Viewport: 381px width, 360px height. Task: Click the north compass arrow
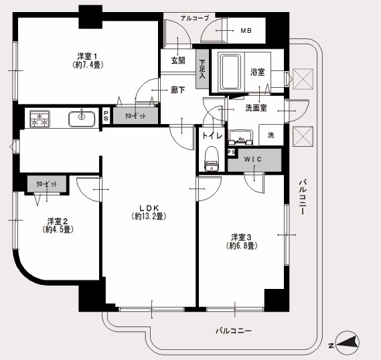348,343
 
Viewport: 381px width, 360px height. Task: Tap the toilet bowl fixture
212,159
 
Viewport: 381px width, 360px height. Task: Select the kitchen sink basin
82,119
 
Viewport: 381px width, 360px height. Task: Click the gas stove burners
40,119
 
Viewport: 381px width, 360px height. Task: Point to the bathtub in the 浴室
230,72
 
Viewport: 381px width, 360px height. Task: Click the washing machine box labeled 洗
271,135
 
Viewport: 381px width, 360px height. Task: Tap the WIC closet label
253,160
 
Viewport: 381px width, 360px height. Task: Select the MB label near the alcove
246,31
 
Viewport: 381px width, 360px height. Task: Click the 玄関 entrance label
178,60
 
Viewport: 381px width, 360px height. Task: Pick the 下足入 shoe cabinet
202,69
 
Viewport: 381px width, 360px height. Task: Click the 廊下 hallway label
178,91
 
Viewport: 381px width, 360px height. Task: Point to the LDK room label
149,208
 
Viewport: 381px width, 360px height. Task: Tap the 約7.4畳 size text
88,65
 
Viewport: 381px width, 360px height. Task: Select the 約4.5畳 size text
58,229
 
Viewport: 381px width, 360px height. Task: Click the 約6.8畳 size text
241,245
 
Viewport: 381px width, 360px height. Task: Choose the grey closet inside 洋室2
47,184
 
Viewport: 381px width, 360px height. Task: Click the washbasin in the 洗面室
240,138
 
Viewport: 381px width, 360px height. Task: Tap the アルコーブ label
195,18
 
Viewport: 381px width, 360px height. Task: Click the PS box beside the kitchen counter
106,116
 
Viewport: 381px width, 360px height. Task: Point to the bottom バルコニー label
234,331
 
